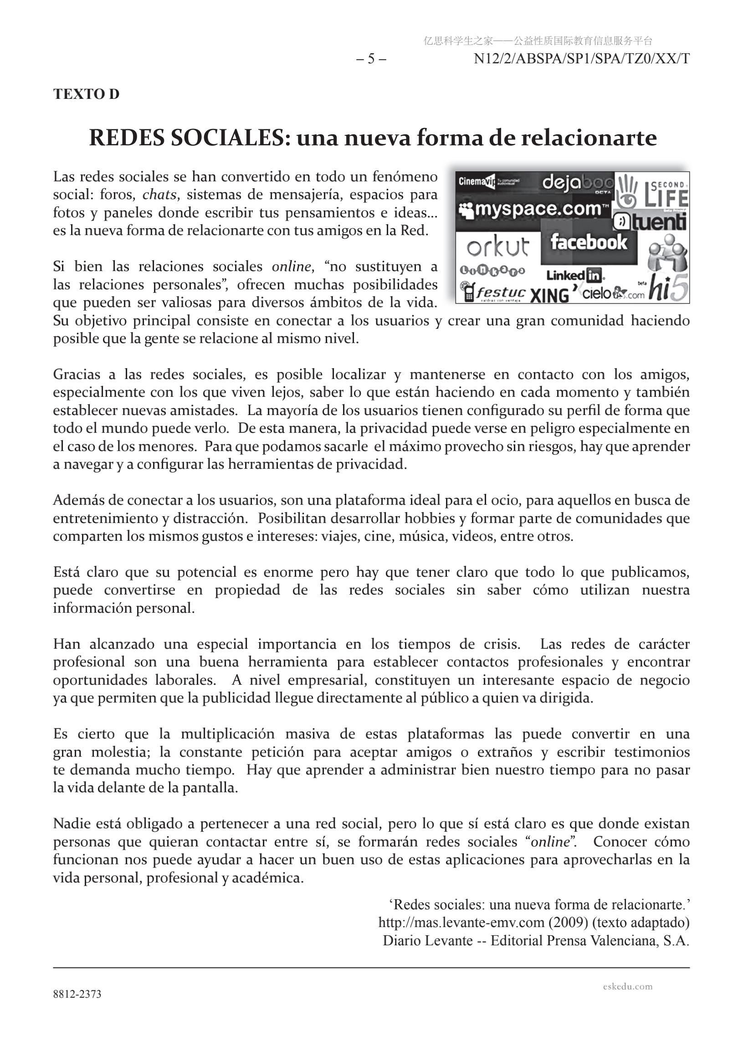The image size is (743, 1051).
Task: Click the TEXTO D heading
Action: coord(86,94)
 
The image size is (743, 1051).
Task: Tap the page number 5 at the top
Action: coord(371,59)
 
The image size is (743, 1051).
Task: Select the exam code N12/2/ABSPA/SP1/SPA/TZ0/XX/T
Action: coord(581,59)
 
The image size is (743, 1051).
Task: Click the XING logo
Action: coord(549,295)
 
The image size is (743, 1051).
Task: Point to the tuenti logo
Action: coord(650,222)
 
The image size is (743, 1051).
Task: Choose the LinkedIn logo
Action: coord(575,276)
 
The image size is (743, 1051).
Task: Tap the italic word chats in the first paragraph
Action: coord(159,195)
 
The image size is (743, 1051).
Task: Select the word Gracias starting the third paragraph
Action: coord(77,374)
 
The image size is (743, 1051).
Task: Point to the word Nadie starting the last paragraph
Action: coord(72,824)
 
